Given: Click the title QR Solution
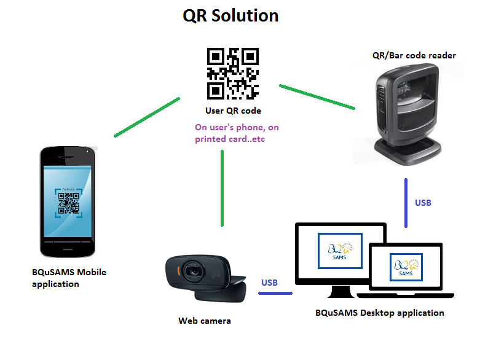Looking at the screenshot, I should (230, 16).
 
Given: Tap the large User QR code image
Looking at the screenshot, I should (233, 73).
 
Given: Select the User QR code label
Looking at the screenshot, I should (233, 111).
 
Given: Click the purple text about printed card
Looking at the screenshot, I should (233, 133).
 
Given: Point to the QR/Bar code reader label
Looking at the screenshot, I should (414, 55).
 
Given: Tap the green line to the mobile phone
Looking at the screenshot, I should (146, 117).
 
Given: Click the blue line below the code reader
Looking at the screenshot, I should (406, 202).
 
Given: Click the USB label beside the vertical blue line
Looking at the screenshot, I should (423, 203).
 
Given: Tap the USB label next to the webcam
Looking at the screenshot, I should (269, 283).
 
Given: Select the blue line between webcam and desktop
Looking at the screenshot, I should (275, 293).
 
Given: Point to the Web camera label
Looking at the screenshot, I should (205, 321).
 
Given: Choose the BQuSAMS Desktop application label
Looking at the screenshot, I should (379, 313).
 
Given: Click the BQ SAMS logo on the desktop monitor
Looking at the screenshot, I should (340, 251).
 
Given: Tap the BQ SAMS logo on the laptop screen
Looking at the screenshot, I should (405, 266).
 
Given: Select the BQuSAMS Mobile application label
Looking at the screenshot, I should (69, 278).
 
